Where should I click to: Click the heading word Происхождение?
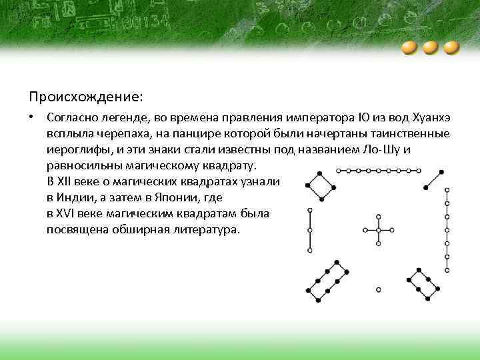tap(85, 97)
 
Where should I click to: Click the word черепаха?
tap(124, 133)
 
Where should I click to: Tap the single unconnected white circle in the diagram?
tap(378, 289)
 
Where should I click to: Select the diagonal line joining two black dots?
tap(433, 178)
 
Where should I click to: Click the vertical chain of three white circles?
tap(309, 230)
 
